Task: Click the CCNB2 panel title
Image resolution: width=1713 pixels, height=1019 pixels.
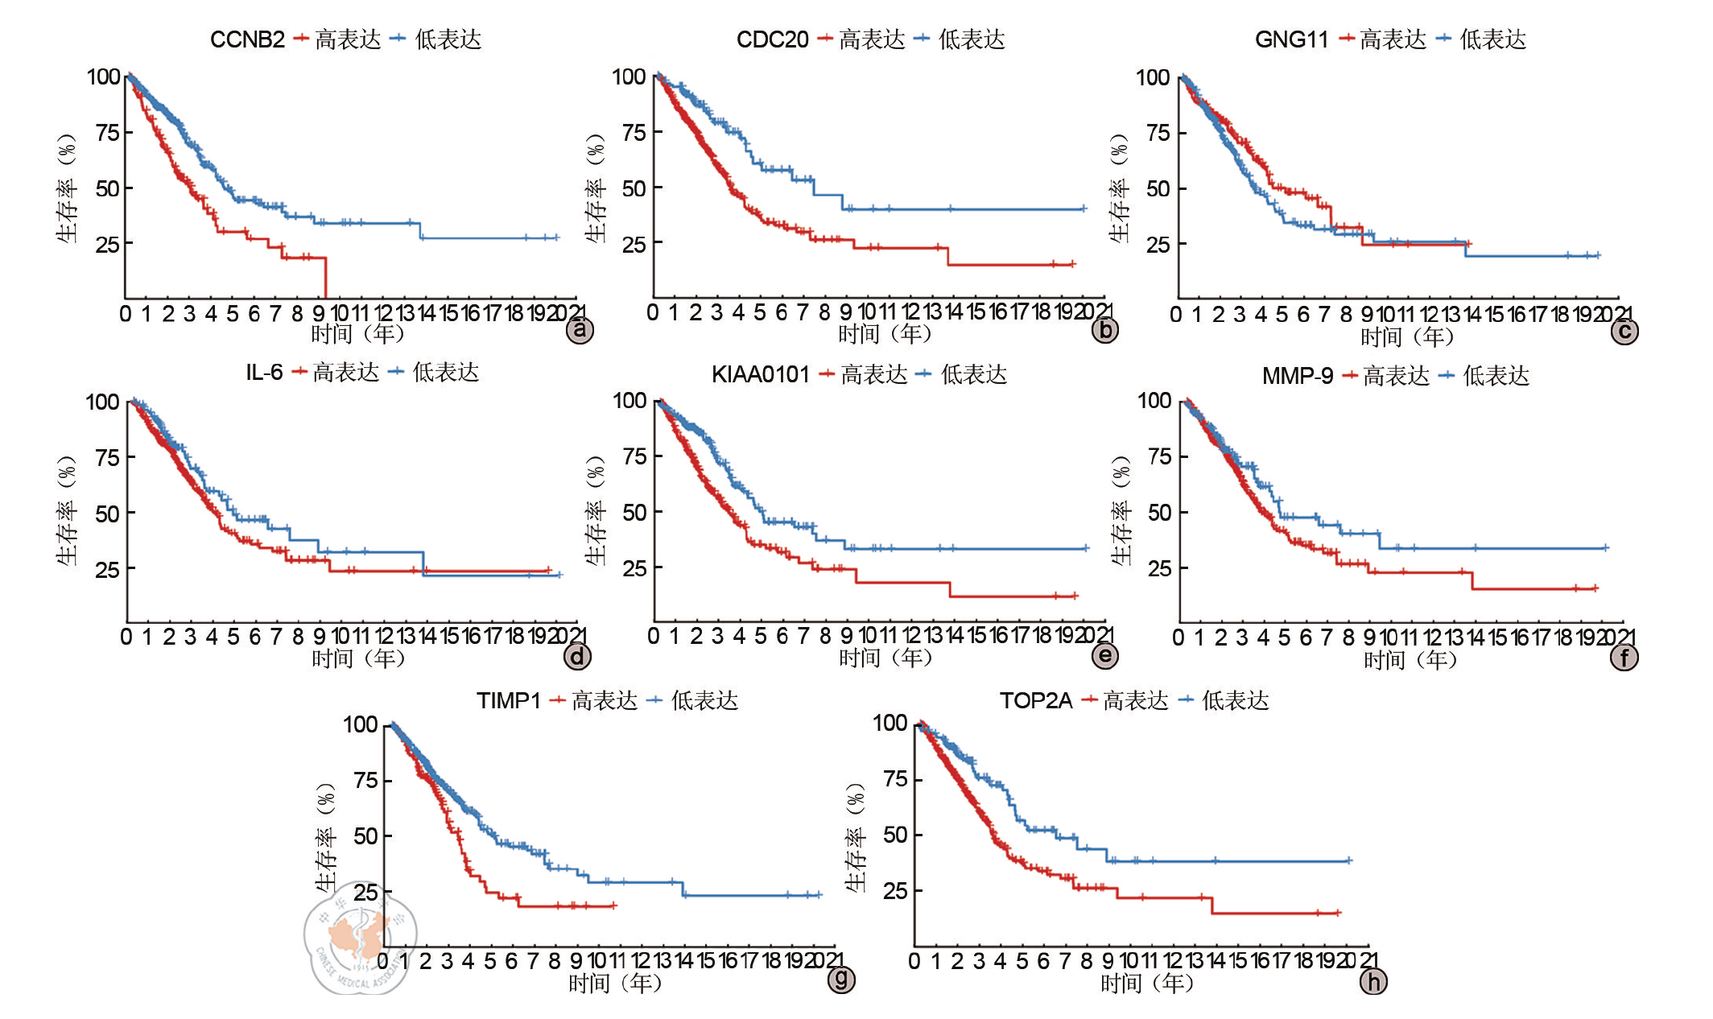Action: click(247, 39)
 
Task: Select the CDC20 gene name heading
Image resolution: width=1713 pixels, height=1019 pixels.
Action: click(772, 39)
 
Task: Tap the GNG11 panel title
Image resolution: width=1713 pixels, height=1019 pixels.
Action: click(1291, 39)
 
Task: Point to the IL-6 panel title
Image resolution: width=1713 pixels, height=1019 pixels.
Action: click(264, 372)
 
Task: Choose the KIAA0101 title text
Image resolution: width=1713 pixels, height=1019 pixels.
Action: click(760, 374)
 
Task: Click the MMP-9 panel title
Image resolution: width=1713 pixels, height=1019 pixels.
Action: click(1297, 376)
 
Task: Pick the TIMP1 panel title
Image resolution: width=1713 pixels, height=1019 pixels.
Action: click(508, 700)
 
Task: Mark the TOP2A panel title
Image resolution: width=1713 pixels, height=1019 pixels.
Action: click(1036, 700)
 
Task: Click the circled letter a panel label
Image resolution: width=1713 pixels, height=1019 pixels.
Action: click(580, 330)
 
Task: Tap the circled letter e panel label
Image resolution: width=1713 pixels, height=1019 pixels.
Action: click(1105, 655)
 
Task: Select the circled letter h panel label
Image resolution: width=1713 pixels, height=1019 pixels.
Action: click(1373, 981)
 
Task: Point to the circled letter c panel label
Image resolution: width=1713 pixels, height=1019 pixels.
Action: click(1624, 331)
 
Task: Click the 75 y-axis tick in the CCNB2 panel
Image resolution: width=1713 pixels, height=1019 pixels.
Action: click(107, 132)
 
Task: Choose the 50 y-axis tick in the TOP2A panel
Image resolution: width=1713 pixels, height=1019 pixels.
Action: click(895, 835)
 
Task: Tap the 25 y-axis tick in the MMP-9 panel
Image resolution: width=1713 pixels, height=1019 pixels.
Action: click(1159, 568)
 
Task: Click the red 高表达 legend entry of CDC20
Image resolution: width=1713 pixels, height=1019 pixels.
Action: click(861, 39)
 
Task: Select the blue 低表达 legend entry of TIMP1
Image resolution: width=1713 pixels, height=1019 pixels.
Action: click(693, 700)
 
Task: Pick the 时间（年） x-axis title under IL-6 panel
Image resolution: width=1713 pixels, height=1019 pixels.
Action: click(358, 658)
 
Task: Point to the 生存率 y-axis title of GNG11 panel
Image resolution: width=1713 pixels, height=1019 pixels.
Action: click(1120, 189)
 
